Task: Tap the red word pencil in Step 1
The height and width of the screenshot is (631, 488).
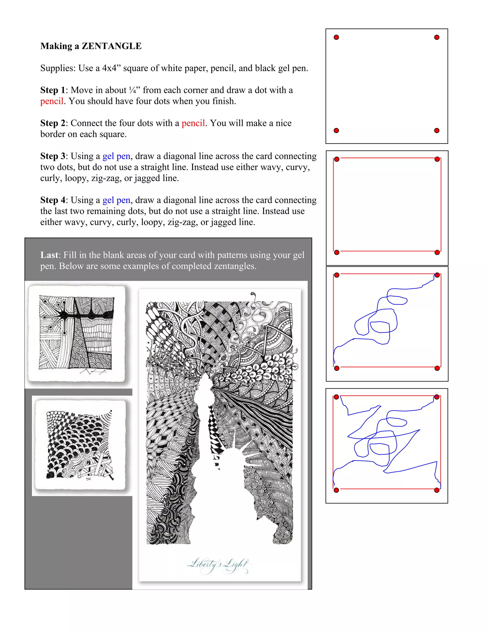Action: point(52,101)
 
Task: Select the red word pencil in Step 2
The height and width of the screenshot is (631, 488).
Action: point(193,123)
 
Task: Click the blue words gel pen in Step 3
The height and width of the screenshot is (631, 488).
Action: point(116,156)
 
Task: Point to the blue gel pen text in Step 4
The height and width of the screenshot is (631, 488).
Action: point(116,200)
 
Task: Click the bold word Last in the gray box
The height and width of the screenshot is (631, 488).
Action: point(49,255)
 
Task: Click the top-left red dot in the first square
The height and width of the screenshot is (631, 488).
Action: point(336,37)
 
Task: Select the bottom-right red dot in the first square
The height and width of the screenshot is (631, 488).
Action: point(437,130)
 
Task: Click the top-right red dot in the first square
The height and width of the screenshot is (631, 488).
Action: point(437,37)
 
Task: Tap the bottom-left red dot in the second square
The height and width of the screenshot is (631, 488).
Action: point(336,252)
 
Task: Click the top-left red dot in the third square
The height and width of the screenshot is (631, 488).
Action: point(336,275)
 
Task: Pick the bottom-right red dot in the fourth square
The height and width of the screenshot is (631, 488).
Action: point(437,490)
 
